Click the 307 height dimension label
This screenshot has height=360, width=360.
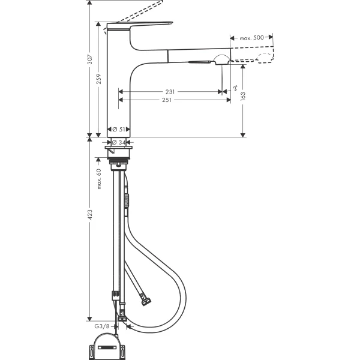tap(89, 59)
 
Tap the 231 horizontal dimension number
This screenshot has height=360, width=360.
tap(170, 92)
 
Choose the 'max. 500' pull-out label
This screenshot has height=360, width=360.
tap(252, 38)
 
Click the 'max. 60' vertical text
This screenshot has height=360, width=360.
tap(98, 179)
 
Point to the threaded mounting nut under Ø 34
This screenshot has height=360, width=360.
tap(120, 160)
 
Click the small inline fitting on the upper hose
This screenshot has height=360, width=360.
tap(127, 198)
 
